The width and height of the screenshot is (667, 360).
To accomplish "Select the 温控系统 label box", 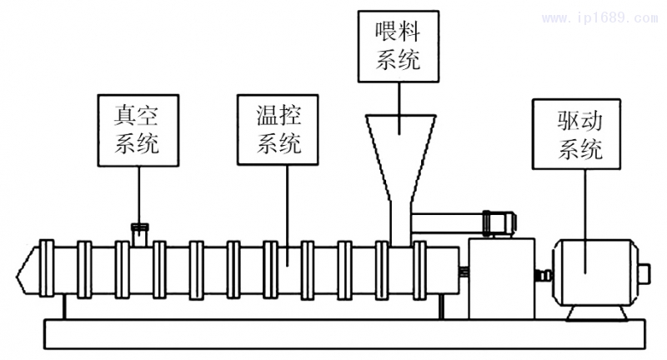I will (279, 127).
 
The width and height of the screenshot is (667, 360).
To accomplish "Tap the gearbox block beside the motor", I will (500, 275).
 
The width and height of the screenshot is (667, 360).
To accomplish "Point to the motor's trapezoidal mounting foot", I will (599, 312).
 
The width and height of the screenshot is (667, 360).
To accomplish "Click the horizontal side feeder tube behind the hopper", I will (450, 222).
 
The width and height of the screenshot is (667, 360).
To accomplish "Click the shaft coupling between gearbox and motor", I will (545, 273).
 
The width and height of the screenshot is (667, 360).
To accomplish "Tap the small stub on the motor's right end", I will (644, 272).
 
